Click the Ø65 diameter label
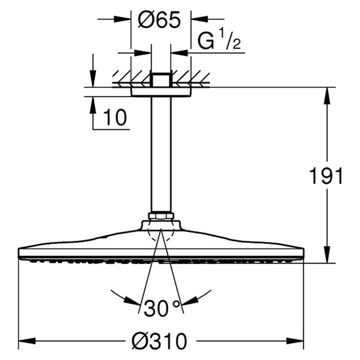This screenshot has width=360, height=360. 159,20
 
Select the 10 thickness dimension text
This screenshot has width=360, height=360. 115,117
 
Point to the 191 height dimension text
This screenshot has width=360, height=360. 326,175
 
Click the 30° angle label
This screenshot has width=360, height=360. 162,308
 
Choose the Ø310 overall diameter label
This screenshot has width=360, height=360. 159,341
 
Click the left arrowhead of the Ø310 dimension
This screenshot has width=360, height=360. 27,341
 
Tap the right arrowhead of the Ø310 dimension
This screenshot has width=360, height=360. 295,341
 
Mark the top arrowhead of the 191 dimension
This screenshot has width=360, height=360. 327,96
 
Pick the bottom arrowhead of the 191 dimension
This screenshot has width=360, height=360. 327,255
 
